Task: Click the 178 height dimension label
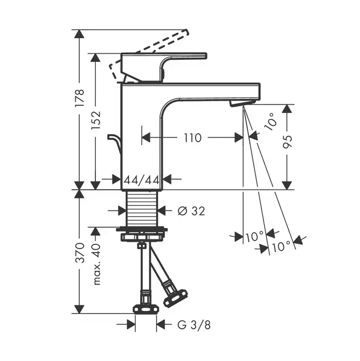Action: tap(80, 97)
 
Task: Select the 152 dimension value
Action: tap(96, 120)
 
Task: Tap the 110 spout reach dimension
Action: tap(193, 138)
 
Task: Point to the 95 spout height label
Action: tap(287, 142)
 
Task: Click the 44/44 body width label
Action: tap(142, 179)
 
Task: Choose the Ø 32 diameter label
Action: tap(191, 210)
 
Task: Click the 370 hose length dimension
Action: tap(80, 253)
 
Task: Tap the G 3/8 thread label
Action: tap(194, 325)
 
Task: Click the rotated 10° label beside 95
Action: tap(270, 121)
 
